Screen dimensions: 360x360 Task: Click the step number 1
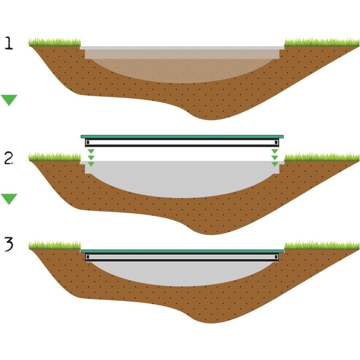point(9,44)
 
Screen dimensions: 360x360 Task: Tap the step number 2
point(9,158)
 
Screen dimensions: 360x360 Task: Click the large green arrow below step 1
point(9,100)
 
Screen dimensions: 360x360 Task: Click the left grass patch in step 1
point(55,42)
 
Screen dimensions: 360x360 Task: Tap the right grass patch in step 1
point(322,42)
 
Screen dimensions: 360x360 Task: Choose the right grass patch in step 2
point(322,156)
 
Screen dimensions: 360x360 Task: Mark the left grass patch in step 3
point(55,245)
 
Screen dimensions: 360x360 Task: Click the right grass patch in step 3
point(322,245)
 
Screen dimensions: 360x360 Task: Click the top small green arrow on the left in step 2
point(91,151)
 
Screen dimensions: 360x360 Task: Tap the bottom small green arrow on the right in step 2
point(275,164)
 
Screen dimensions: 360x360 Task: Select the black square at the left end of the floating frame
point(88,142)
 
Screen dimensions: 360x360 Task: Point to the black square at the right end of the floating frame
point(276,142)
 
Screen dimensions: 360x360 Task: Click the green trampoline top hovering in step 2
point(182,137)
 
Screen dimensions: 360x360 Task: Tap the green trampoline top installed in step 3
point(182,251)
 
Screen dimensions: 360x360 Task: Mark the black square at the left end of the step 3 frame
point(88,257)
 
